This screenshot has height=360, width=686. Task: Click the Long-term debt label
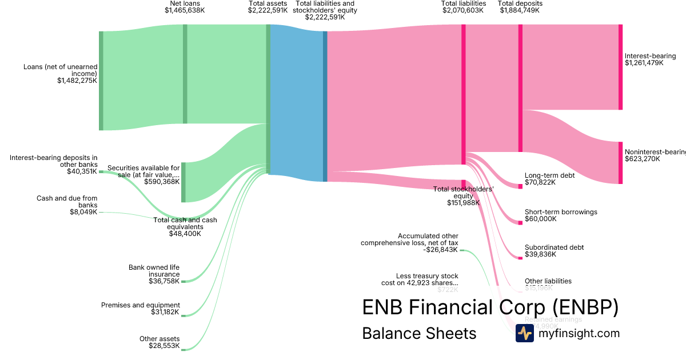coord(549,175)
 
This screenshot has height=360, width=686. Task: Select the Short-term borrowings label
coord(553,212)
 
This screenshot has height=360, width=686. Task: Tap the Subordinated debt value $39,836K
coord(540,255)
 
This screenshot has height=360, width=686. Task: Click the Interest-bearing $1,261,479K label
coord(650,59)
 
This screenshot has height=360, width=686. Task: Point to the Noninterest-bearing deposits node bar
coord(621,163)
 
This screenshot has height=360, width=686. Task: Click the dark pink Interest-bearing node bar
coord(621,67)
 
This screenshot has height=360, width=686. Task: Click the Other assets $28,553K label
coord(159,342)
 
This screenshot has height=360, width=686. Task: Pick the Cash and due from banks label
coord(67,202)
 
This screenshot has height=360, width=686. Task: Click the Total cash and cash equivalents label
coord(185,227)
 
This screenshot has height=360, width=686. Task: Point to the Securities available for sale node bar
coord(184,182)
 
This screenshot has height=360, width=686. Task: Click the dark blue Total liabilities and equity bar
coord(325,106)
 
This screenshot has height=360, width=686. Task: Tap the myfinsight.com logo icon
coord(524,333)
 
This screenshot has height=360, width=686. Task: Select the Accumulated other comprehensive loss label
coord(409,243)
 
